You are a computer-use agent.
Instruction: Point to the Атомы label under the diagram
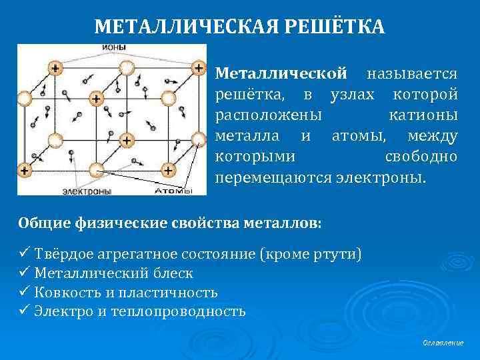pyautogui.click(x=173, y=191)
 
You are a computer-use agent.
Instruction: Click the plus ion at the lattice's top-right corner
pyautogui.click(x=198, y=68)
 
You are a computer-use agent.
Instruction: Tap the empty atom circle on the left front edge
pyautogui.click(x=24, y=99)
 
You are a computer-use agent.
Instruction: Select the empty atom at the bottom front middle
pyautogui.click(x=96, y=169)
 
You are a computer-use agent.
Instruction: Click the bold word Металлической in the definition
pyautogui.click(x=282, y=71)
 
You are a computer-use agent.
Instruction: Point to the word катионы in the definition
pyautogui.click(x=423, y=115)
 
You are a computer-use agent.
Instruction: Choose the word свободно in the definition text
pyautogui.click(x=421, y=158)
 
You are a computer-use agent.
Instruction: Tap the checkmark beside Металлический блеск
pyautogui.click(x=24, y=273)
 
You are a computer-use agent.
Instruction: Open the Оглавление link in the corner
pyautogui.click(x=443, y=342)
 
